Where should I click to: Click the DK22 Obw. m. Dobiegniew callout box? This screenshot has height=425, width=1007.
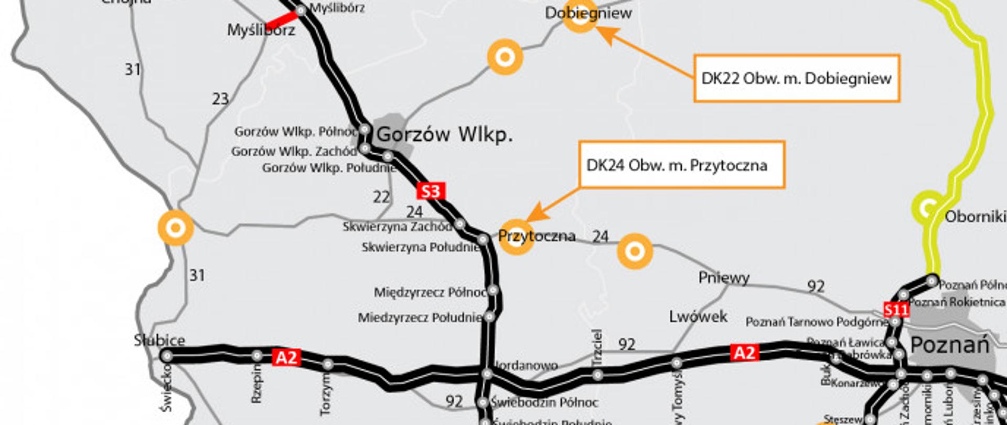pyautogui.click(x=796, y=78)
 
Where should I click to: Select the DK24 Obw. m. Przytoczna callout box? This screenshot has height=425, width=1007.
pyautogui.click(x=681, y=165)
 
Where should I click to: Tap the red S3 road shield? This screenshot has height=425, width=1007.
pyautogui.click(x=431, y=191)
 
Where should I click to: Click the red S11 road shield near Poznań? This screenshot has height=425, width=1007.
pyautogui.click(x=896, y=310)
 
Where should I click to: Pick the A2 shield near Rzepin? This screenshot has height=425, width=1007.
pyautogui.click(x=286, y=358)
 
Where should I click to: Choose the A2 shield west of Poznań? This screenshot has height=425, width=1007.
pyautogui.click(x=744, y=353)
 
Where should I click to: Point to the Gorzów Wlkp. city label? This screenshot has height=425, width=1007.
pyautogui.click(x=444, y=135)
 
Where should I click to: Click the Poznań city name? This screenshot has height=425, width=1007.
pyautogui.click(x=949, y=345)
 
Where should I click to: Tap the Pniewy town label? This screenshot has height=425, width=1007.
pyautogui.click(x=724, y=278)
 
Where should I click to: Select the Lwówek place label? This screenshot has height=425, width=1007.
pyautogui.click(x=698, y=316)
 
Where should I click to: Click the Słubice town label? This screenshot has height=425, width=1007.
pyautogui.click(x=159, y=340)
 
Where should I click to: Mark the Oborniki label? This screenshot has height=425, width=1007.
pyautogui.click(x=975, y=217)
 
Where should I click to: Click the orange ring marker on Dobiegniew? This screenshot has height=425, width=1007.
pyautogui.click(x=580, y=17)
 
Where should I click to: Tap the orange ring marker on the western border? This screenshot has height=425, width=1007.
pyautogui.click(x=176, y=228)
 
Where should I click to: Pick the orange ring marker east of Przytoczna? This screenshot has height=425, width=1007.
pyautogui.click(x=635, y=251)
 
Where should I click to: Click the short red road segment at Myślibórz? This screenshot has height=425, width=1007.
pyautogui.click(x=282, y=20)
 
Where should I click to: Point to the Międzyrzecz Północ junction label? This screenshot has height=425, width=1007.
pyautogui.click(x=430, y=292)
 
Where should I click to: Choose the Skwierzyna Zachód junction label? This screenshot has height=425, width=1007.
pyautogui.click(x=397, y=227)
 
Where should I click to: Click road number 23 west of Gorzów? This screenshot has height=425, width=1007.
pyautogui.click(x=220, y=99)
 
